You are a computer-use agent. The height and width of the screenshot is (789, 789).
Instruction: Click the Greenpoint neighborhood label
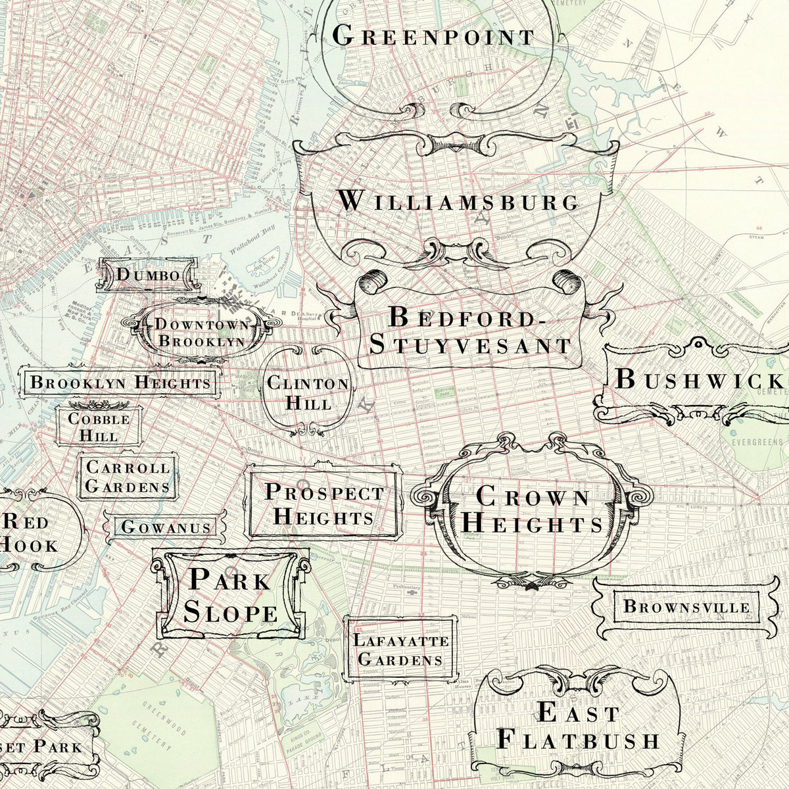[x=434, y=36]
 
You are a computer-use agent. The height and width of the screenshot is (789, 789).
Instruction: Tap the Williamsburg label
[x=458, y=201]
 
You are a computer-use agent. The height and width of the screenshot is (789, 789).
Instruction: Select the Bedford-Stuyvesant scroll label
[x=470, y=331]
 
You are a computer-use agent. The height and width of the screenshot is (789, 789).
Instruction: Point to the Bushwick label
[x=700, y=380]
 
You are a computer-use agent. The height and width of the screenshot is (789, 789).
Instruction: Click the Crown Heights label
[x=531, y=510]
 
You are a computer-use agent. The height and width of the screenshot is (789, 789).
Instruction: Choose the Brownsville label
[x=686, y=606]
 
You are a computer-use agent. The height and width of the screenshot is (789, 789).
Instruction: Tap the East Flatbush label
[x=577, y=726]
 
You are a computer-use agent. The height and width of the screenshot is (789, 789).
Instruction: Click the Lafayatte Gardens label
[x=400, y=650]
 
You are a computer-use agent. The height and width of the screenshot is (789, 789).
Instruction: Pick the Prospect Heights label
[x=323, y=504]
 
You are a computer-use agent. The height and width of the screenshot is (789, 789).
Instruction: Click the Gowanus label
[x=166, y=527]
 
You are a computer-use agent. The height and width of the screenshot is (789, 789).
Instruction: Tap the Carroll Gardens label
[x=128, y=477]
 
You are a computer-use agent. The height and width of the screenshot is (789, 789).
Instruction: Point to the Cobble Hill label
[x=99, y=427]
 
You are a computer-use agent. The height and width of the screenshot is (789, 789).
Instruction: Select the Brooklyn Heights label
[x=120, y=382]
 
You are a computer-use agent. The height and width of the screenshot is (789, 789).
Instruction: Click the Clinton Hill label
[x=308, y=393]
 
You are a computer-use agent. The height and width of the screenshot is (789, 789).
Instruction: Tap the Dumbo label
[x=147, y=275]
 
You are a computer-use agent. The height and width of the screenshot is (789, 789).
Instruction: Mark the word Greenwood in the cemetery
[x=165, y=719]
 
